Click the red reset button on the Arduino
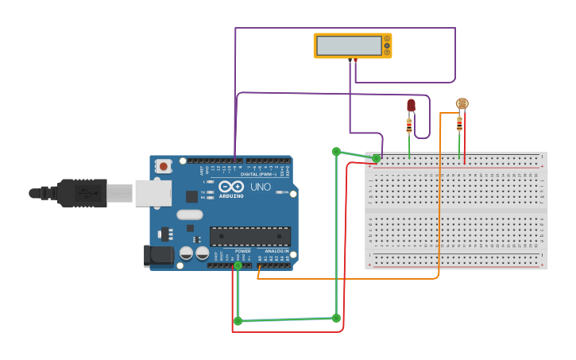(x=163, y=166)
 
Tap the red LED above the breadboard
(x=411, y=105)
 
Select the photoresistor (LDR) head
(x=462, y=103)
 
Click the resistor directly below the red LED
(x=409, y=126)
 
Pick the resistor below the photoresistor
(x=459, y=123)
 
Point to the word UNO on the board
(x=261, y=187)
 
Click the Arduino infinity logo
(x=230, y=186)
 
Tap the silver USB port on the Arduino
(x=153, y=192)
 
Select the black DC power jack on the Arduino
(x=158, y=255)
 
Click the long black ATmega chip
(x=249, y=236)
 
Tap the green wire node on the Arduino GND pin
(x=238, y=265)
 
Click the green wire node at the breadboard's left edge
(x=376, y=158)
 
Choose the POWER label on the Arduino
(x=242, y=251)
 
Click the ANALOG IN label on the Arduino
(x=276, y=251)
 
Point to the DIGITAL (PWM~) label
(x=259, y=174)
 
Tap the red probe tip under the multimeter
(x=355, y=60)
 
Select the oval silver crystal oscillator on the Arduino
(x=190, y=215)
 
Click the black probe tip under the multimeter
(x=350, y=60)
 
